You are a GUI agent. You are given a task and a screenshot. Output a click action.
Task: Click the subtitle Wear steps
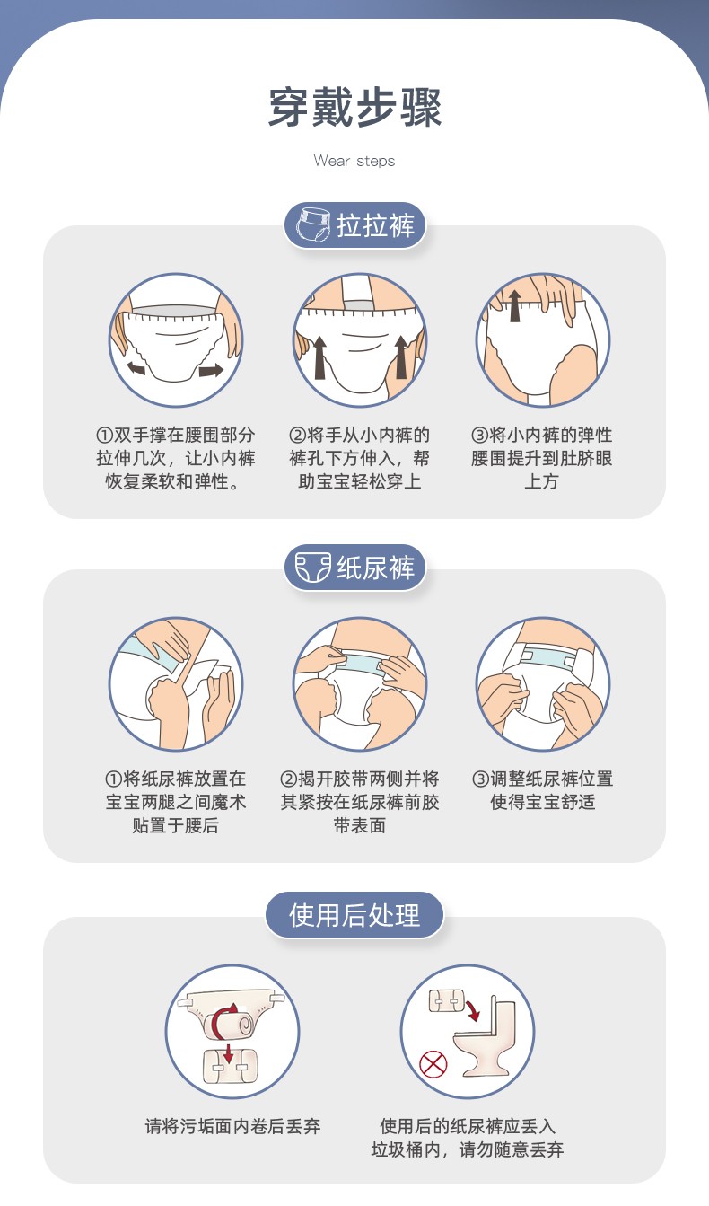[354, 161]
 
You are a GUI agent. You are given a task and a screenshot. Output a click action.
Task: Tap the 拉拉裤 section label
[375, 225]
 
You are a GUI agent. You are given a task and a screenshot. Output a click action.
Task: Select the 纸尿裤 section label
[375, 568]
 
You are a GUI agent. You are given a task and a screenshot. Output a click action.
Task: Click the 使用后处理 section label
[354, 915]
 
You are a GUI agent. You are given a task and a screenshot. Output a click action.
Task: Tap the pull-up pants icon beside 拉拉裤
[311, 226]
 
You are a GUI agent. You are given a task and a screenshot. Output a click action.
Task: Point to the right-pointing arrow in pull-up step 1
[211, 370]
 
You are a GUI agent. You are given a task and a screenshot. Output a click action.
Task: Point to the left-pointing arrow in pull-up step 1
[137, 367]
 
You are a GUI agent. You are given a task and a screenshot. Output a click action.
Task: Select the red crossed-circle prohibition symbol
[434, 1065]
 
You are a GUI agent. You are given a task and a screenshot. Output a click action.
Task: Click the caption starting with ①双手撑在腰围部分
[175, 458]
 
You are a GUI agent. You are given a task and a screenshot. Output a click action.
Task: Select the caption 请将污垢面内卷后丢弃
[232, 1125]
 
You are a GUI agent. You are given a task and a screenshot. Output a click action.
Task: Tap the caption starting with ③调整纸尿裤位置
[542, 790]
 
